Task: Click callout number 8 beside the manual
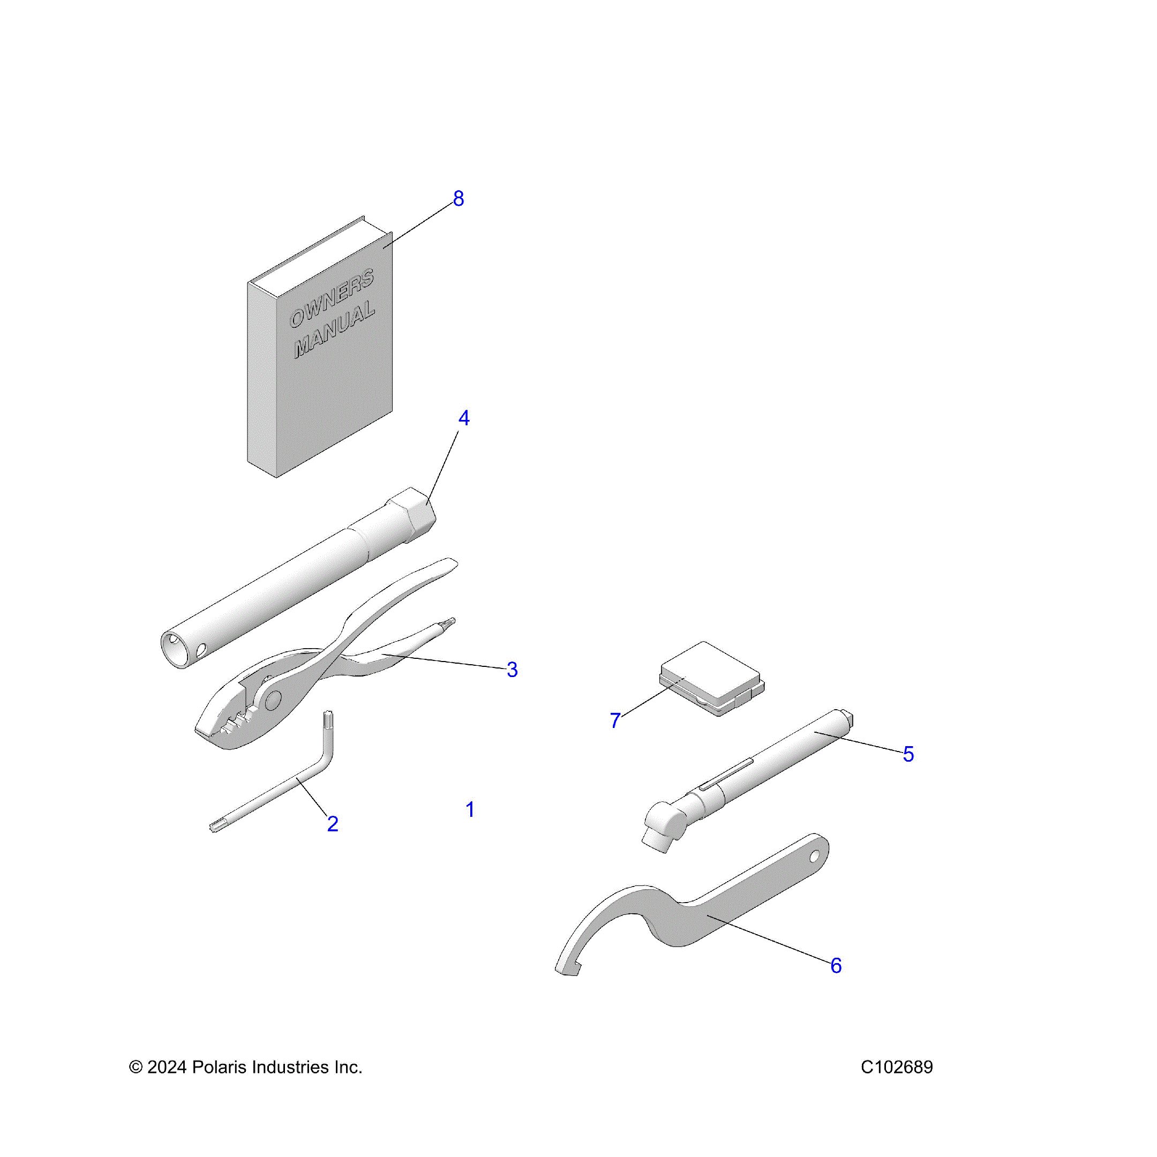[x=458, y=199]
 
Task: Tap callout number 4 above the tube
[x=464, y=418]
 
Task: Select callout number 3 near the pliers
[x=512, y=670]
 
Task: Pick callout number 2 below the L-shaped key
[x=333, y=824]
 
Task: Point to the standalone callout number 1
[x=470, y=810]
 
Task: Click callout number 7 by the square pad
[x=615, y=720]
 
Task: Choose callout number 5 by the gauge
[x=908, y=755]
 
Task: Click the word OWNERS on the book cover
[x=332, y=298]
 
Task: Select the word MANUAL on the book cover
[x=334, y=330]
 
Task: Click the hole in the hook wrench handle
[x=814, y=857]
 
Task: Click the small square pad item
[x=712, y=679]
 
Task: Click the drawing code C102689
[x=897, y=1067]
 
